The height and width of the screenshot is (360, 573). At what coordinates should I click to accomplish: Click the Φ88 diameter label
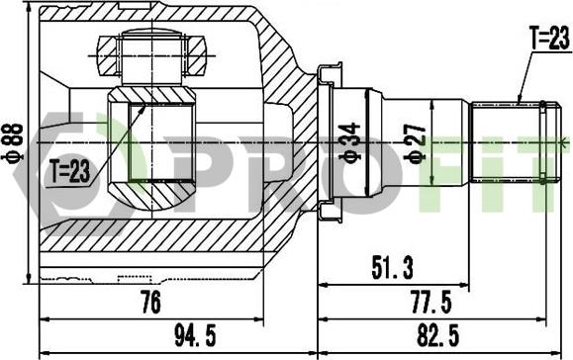coord(14,142)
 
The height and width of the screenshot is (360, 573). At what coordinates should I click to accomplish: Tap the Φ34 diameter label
coord(349,141)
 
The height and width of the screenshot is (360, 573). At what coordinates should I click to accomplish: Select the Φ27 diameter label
coord(416,142)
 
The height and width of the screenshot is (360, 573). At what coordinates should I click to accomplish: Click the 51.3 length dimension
coord(392,268)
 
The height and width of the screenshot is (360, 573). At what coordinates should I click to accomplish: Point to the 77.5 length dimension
coord(431,303)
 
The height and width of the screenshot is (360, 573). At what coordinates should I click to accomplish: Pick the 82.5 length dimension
coord(438,335)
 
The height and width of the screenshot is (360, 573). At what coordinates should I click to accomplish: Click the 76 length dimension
coord(150,303)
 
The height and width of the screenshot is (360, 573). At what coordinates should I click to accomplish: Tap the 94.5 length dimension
coord(196,335)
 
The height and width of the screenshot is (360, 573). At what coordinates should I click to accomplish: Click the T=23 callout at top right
coord(549,38)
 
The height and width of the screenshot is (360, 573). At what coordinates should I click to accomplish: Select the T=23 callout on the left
coord(70,172)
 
